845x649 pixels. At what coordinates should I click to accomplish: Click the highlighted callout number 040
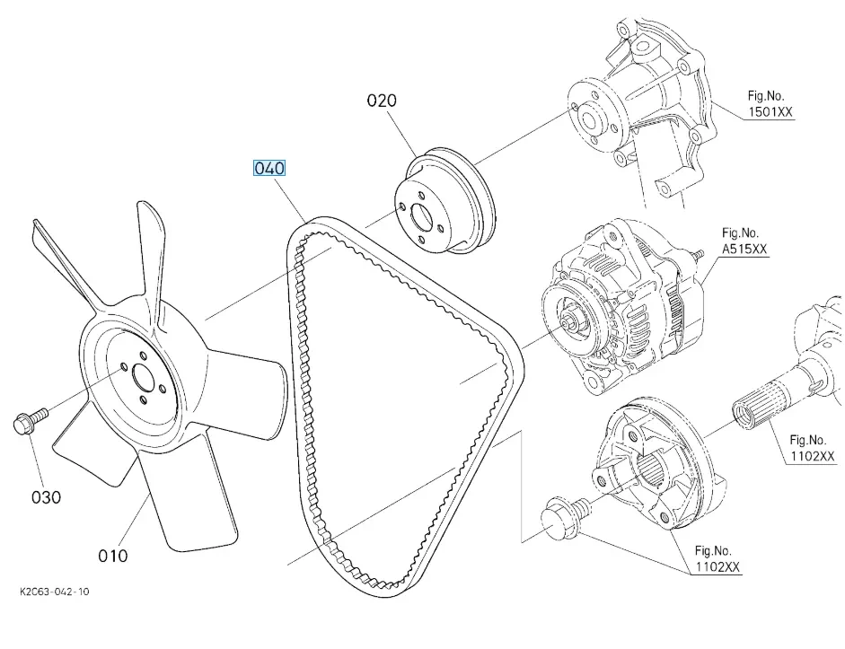tap(269, 168)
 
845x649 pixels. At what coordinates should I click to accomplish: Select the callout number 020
tap(382, 101)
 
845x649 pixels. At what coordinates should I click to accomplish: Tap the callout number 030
tap(46, 496)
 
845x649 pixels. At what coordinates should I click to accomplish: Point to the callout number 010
tap(113, 556)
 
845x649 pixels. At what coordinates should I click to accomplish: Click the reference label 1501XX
tap(770, 113)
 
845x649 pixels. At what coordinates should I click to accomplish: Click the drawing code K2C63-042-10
tap(54, 592)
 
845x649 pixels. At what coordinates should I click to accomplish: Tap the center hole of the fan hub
tap(142, 377)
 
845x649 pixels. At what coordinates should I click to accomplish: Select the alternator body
tap(620, 310)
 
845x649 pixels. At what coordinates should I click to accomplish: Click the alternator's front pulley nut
tap(570, 321)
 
